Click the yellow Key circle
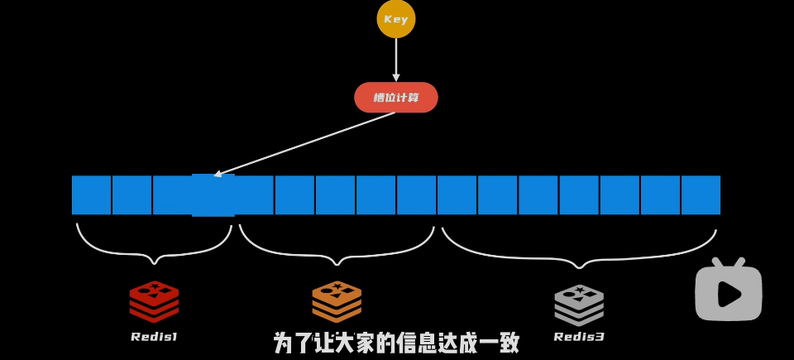[396, 19]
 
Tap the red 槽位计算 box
[396, 98]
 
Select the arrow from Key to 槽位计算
[396, 60]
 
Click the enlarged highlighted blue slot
[213, 195]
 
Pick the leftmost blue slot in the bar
[91, 195]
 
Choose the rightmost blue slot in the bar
[701, 195]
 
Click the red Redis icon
[154, 301]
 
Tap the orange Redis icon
[337, 301]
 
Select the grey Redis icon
[579, 304]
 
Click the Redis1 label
[154, 337]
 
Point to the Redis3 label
[579, 337]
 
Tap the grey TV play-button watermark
[728, 291]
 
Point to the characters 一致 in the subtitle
[498, 343]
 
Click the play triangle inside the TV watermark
[729, 294]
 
